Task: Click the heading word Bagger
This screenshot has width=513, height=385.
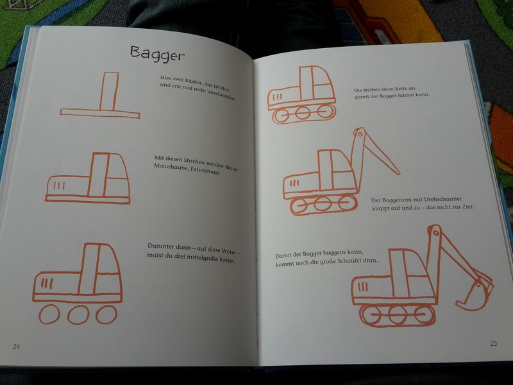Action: click(x=157, y=54)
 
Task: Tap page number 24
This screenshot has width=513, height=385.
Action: click(x=16, y=346)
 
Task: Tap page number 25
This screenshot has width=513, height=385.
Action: click(x=493, y=343)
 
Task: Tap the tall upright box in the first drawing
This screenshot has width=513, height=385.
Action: click(x=109, y=91)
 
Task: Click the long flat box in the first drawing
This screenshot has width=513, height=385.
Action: click(x=100, y=114)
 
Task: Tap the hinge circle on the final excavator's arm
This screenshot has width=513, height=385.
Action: click(x=435, y=233)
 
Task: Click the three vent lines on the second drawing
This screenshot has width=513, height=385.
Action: click(x=59, y=185)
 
